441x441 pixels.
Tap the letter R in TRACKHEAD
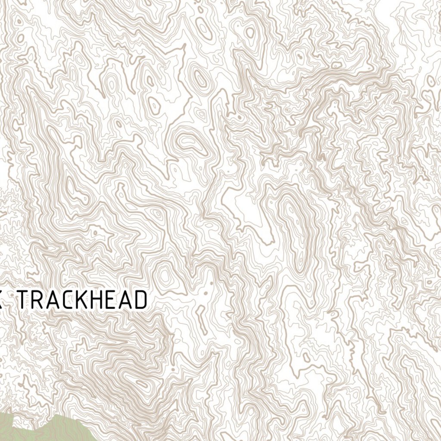click(42, 300)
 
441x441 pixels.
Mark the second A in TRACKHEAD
click(128, 300)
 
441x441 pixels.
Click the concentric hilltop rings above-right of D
click(164, 276)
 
